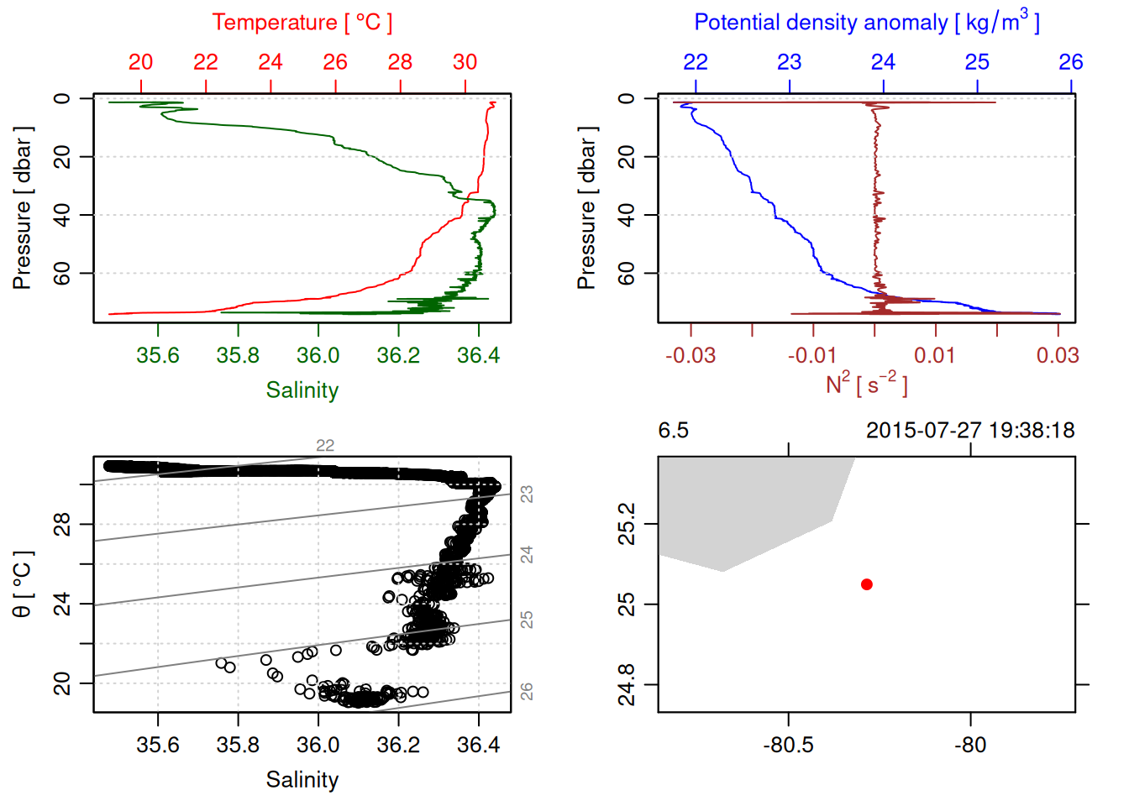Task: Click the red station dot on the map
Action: point(866,584)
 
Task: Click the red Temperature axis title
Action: point(302,23)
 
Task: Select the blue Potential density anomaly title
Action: point(866,22)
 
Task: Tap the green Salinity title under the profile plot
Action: point(302,390)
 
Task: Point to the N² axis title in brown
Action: point(866,384)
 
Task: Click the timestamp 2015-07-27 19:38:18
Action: point(969,431)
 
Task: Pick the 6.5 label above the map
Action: point(673,431)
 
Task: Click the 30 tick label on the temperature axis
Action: point(465,62)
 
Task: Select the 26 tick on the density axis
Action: point(1070,62)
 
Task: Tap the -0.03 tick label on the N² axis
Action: point(691,356)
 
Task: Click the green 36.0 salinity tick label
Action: point(318,356)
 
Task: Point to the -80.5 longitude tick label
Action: point(788,746)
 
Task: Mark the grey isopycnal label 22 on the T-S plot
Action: point(325,446)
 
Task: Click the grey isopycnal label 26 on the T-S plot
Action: point(527,691)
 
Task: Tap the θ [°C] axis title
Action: point(22,584)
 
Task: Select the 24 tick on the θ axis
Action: point(62,604)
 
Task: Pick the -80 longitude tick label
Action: point(970,746)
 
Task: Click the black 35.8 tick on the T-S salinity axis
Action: point(238,746)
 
